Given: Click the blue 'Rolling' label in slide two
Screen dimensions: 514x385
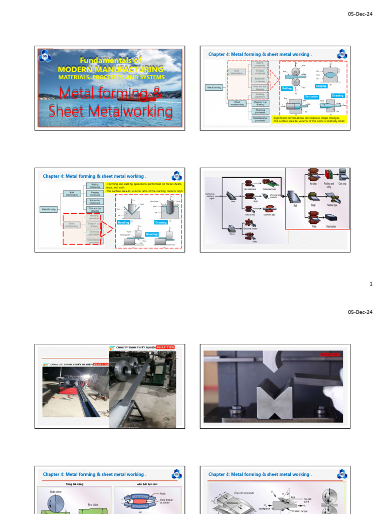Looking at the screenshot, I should coord(287,88).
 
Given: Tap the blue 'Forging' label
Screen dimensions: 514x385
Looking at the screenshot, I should coord(321,86).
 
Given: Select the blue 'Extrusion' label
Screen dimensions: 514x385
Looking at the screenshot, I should coord(312,96).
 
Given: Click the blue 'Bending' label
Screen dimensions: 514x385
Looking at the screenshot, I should coord(123,222).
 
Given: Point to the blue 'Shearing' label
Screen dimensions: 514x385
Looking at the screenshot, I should coord(151,234).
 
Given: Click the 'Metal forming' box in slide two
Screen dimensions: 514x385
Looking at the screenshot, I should coord(215,87).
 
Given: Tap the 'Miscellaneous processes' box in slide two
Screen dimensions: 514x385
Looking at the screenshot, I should coord(260,119).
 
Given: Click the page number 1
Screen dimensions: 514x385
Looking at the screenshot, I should coord(371,284).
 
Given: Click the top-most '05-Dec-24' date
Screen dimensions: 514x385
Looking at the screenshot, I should coord(360,14).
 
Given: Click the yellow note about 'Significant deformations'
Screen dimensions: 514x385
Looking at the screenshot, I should coord(308,119).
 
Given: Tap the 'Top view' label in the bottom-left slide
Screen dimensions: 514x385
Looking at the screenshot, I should coord(93,504).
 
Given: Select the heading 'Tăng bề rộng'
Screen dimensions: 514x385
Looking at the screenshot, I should coord(74,484).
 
